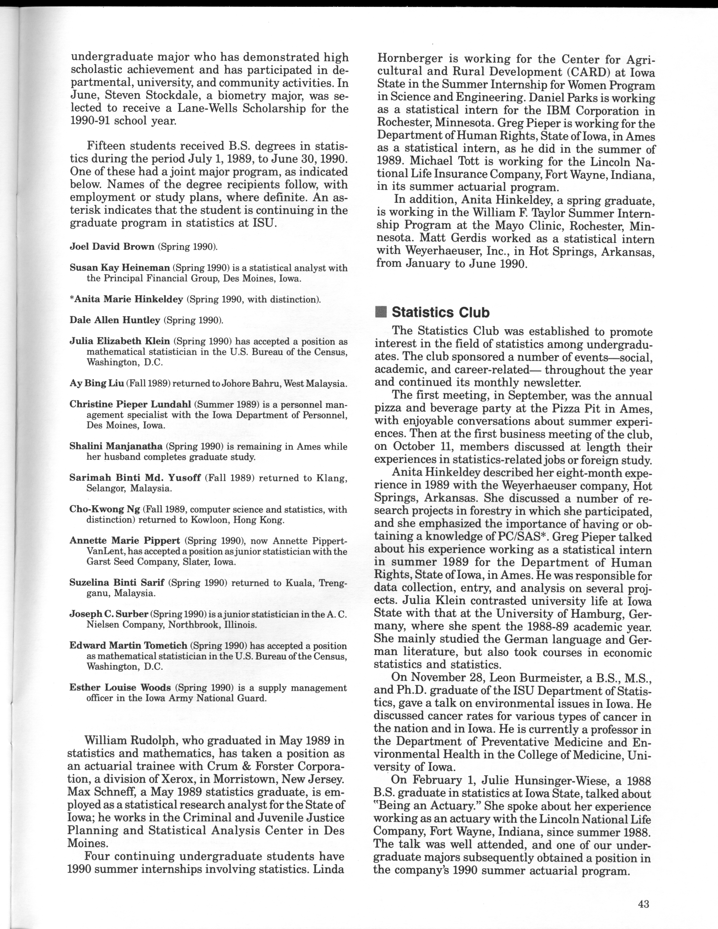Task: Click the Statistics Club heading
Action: click(440, 313)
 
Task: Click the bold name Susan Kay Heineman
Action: click(120, 268)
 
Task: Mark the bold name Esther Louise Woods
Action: click(120, 688)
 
